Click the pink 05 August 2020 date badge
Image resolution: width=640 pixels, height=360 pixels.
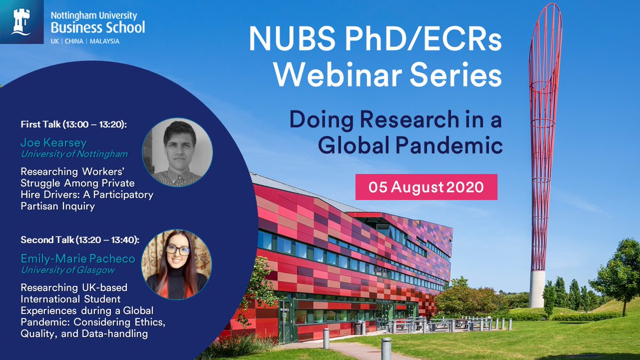(426, 188)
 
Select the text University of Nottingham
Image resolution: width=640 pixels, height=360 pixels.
(74, 154)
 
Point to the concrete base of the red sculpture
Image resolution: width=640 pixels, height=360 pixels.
(537, 289)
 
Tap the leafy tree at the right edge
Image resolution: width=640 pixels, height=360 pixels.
(619, 267)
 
